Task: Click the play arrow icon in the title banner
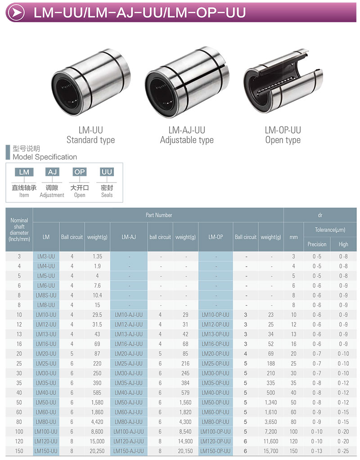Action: point(16,12)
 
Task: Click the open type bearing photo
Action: point(283,81)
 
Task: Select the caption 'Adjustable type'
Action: point(187,140)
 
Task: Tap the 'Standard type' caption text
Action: point(90,140)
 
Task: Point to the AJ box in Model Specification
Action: point(52,172)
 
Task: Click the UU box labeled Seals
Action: point(107,172)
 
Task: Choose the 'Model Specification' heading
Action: point(45,157)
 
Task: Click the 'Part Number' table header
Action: point(158,215)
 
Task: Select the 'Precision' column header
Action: point(317,244)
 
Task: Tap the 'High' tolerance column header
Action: point(343,244)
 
